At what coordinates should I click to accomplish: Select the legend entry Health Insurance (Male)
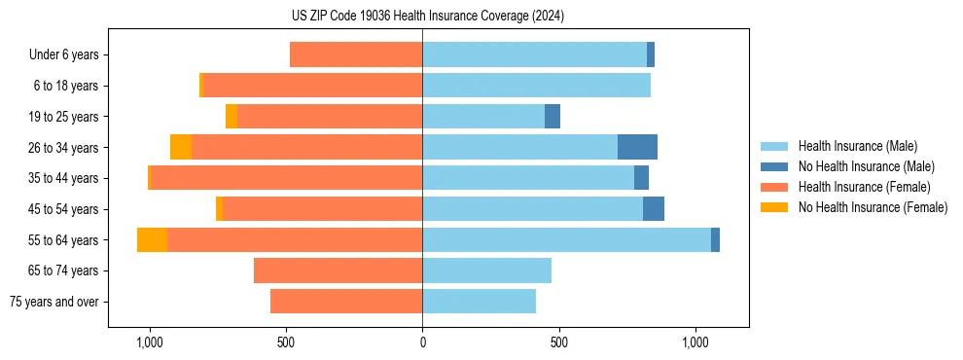pos(857,146)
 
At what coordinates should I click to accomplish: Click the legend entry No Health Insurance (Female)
pos(873,207)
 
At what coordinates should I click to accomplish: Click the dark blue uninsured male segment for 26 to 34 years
pos(637,147)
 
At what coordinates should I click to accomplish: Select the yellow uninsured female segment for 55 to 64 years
pos(152,239)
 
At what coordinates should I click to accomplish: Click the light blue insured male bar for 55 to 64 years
pos(566,239)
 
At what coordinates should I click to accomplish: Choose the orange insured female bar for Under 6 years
pos(356,54)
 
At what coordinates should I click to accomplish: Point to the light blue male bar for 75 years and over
pos(479,302)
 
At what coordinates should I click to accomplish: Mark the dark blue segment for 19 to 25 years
pos(553,116)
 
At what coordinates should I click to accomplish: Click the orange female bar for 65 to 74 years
pos(338,270)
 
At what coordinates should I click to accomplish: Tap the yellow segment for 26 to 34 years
pos(181,147)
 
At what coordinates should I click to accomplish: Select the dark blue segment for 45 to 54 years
pos(654,208)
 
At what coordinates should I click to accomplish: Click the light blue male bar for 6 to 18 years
pos(536,86)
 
